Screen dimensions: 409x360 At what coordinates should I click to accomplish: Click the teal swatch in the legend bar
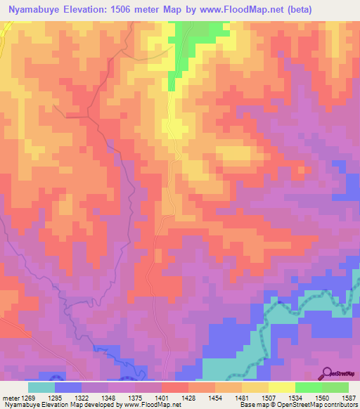click(x=41, y=387)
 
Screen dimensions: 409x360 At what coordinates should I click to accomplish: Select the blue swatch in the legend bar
click(x=67, y=387)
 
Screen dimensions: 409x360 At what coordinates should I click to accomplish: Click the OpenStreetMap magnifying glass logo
click(x=328, y=372)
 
